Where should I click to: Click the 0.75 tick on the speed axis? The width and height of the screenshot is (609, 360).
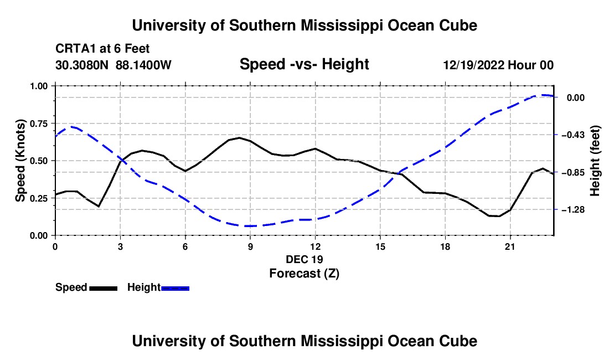tap(54, 123)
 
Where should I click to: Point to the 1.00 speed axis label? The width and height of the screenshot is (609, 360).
tap(39, 86)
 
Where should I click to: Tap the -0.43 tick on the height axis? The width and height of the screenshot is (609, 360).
tap(556, 135)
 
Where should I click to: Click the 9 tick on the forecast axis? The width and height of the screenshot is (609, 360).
tap(250, 237)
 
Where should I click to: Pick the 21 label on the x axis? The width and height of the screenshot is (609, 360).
tap(510, 246)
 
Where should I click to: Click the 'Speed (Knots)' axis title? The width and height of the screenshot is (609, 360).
tap(20, 161)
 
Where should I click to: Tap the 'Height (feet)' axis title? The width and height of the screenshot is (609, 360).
tap(595, 161)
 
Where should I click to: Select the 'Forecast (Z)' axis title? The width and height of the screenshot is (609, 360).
tap(304, 274)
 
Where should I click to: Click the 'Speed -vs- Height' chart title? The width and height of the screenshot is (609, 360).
tap(304, 64)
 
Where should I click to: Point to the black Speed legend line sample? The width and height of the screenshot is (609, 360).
tap(104, 289)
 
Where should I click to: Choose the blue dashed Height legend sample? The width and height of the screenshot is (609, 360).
tap(175, 289)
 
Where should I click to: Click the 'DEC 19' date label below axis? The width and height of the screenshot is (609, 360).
tap(304, 259)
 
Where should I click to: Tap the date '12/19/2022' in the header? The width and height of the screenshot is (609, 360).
tap(473, 65)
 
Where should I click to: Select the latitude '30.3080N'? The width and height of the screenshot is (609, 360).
tap(81, 65)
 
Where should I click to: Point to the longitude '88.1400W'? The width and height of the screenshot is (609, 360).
tap(143, 65)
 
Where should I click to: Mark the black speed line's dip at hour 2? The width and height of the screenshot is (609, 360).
tap(99, 206)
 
